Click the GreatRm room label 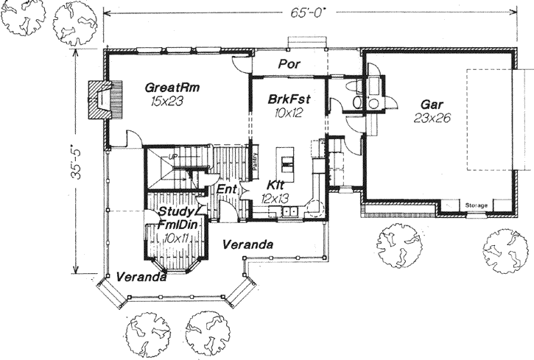pyautogui.click(x=172, y=86)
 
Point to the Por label pyautogui.click(x=287, y=64)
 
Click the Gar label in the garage pyautogui.click(x=432, y=104)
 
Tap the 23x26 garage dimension pyautogui.click(x=431, y=117)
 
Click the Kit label pyautogui.click(x=276, y=186)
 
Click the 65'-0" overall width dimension pyautogui.click(x=303, y=13)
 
